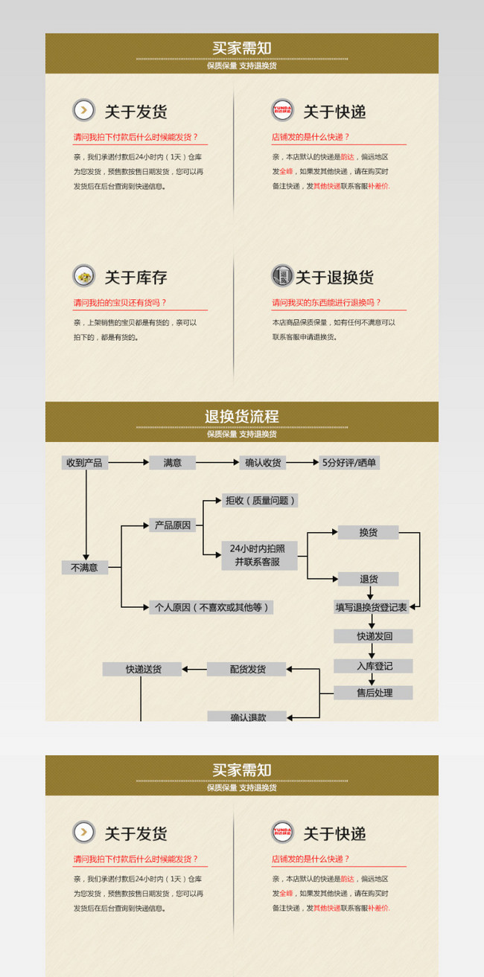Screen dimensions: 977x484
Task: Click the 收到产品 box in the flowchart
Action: pos(84,463)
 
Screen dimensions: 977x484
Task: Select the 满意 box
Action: pos(172,463)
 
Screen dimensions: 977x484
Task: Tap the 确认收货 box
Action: pos(263,463)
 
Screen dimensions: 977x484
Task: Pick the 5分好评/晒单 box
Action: pos(349,463)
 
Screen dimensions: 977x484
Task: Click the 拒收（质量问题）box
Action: pos(260,501)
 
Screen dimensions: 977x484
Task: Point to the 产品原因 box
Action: pos(173,525)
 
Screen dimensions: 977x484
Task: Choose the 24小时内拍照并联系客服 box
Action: pos(259,556)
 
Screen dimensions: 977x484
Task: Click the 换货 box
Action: pos(368,533)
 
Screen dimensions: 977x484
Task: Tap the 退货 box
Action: pos(369,579)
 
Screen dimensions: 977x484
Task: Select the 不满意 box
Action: pos(84,568)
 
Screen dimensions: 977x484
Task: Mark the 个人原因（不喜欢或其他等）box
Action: pos(211,607)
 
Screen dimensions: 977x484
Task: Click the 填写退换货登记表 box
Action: pos(371,607)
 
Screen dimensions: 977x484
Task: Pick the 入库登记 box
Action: pos(373,666)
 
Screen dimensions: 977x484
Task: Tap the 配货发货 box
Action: pos(246,669)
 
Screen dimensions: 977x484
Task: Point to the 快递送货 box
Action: pos(142,669)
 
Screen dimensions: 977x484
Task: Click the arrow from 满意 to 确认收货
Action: pos(217,463)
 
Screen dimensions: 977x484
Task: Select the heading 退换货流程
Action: pos(242,417)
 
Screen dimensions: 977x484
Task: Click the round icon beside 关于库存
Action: pos(84,275)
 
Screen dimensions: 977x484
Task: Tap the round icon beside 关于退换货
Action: pos(282,275)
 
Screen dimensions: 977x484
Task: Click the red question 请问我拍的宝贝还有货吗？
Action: pos(120,303)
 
